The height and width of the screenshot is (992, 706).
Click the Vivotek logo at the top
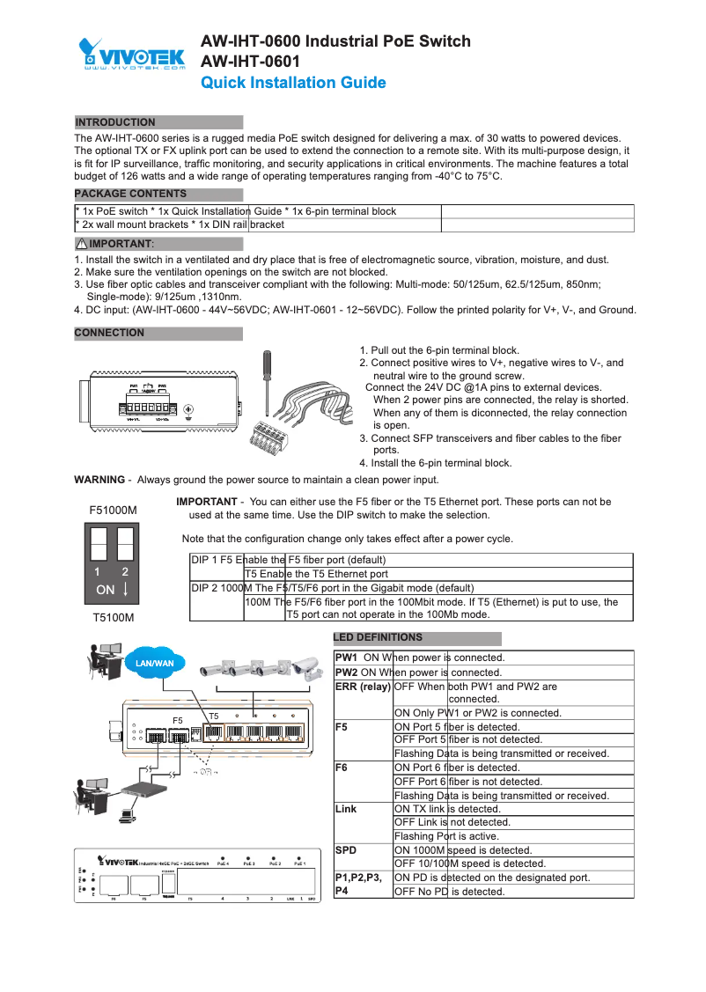(x=132, y=54)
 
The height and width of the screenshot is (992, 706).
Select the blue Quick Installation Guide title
(x=293, y=83)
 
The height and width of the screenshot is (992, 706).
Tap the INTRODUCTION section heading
(x=115, y=122)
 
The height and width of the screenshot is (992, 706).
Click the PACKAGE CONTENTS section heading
(x=130, y=194)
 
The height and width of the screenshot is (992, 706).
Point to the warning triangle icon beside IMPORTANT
(x=81, y=243)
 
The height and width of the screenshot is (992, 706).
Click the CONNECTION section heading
(x=109, y=333)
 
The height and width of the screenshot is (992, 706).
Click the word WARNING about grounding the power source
(x=99, y=480)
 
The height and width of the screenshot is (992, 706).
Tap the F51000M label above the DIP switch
(x=114, y=510)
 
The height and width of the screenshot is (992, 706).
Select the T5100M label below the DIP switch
(x=114, y=618)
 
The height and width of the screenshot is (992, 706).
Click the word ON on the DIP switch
(x=105, y=589)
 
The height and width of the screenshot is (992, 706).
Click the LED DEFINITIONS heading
(x=378, y=637)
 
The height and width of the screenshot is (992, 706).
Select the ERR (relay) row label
(x=363, y=687)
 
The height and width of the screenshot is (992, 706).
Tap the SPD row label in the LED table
(x=346, y=850)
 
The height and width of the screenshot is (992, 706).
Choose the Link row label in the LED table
(x=347, y=809)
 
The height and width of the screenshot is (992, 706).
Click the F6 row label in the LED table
(x=342, y=768)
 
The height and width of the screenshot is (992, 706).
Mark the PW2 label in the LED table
(x=347, y=672)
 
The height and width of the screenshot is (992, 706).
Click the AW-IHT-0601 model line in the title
(x=251, y=62)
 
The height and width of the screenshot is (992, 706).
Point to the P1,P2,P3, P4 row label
(x=358, y=885)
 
